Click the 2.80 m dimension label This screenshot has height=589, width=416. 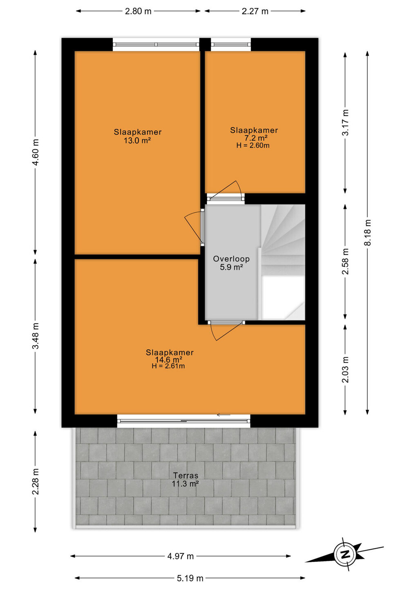point(138,11)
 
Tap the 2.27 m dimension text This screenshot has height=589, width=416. point(255,11)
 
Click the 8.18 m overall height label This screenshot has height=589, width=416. point(368,232)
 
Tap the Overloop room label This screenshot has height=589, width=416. point(231,259)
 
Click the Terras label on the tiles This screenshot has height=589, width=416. point(186,475)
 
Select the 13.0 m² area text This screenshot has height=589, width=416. point(137,140)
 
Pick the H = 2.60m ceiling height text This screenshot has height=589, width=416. point(253,146)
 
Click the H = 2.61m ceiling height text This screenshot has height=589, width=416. point(168,366)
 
